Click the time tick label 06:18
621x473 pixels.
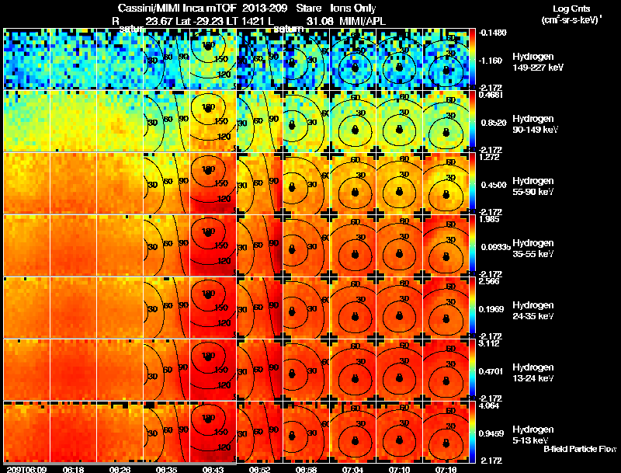tap(73, 469)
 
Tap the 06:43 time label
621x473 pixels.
tap(212, 469)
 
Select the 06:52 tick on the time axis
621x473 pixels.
tap(259, 469)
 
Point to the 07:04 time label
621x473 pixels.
tap(352, 469)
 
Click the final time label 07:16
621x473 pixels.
tap(445, 469)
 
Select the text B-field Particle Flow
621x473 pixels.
tap(579, 449)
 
